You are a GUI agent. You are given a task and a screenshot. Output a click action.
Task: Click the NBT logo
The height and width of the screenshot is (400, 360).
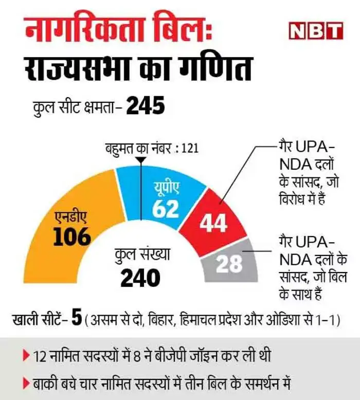pyautogui.click(x=314, y=31)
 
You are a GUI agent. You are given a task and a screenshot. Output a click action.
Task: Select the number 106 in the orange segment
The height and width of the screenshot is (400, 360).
pyautogui.click(x=71, y=237)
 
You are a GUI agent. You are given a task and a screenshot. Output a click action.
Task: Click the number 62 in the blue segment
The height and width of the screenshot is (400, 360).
pyautogui.click(x=165, y=209)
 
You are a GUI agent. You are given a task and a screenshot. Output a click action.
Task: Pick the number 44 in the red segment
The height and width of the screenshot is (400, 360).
pyautogui.click(x=213, y=224)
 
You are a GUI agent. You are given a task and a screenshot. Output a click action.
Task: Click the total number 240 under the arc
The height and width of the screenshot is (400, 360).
pyautogui.click(x=140, y=278)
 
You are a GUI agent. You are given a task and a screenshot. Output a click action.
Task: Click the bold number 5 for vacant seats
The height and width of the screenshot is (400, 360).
pyautogui.click(x=77, y=319)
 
